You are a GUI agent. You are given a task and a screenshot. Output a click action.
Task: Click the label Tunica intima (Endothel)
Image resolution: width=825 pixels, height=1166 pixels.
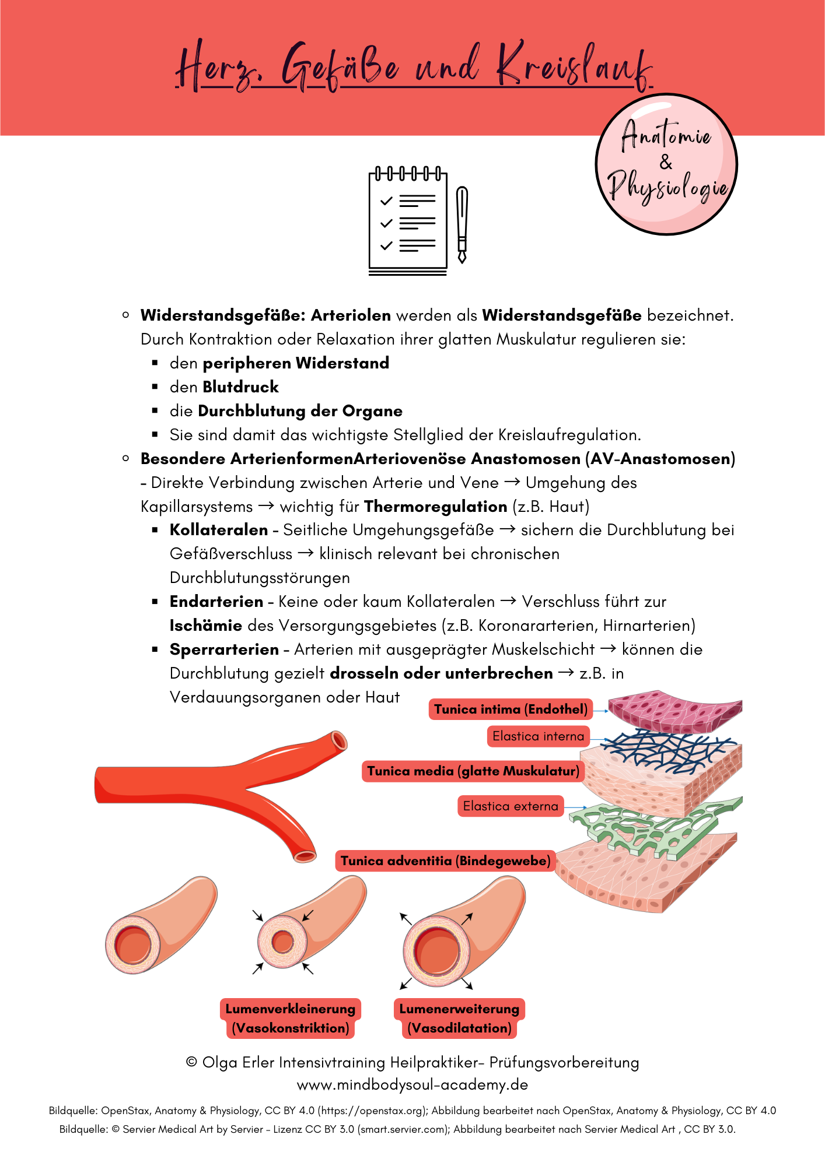pyautogui.click(x=511, y=709)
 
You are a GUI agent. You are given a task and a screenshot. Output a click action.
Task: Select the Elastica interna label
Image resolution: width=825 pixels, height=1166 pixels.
pyautogui.click(x=538, y=736)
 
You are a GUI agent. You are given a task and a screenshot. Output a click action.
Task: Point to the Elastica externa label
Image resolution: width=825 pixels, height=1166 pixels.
pyautogui.click(x=511, y=806)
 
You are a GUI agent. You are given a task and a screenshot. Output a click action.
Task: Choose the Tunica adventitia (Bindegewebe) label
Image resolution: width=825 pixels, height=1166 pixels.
pyautogui.click(x=445, y=861)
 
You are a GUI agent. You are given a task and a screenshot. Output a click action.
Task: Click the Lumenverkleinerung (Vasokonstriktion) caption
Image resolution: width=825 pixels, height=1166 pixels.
pyautogui.click(x=291, y=1018)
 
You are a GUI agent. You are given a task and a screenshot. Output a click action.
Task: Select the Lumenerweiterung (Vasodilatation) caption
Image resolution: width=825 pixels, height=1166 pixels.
pyautogui.click(x=459, y=1018)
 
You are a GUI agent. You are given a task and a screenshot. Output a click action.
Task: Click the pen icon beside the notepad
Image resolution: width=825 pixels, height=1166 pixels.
pyautogui.click(x=462, y=224)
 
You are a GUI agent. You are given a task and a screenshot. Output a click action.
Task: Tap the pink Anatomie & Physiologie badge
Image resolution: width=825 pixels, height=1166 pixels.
pyautogui.click(x=666, y=164)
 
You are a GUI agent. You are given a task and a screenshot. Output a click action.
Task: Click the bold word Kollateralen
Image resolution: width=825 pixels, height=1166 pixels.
pyautogui.click(x=218, y=530)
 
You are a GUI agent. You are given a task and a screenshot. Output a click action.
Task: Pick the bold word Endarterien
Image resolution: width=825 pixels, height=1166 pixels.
pyautogui.click(x=216, y=602)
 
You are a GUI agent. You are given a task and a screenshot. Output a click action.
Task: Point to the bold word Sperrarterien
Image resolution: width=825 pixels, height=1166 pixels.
pyautogui.click(x=224, y=649)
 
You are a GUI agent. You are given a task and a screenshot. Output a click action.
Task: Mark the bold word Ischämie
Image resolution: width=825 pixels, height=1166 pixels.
pyautogui.click(x=205, y=626)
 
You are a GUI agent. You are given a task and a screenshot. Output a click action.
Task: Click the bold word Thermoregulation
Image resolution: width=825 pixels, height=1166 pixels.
pyautogui.click(x=435, y=506)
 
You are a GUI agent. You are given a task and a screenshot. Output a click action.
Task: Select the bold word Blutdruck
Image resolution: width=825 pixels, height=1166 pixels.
pyautogui.click(x=240, y=387)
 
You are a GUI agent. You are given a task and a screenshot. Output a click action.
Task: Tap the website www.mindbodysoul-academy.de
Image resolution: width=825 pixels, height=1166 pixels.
pyautogui.click(x=412, y=1084)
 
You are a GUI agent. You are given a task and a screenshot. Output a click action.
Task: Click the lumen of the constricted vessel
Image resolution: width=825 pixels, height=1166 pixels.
pyautogui.click(x=283, y=942)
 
